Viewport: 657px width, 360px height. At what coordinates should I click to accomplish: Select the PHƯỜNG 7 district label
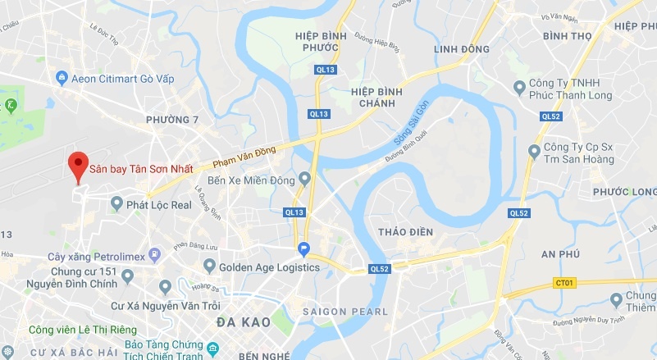coord(172,121)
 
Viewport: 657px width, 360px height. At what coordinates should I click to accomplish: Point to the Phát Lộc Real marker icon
coord(116,203)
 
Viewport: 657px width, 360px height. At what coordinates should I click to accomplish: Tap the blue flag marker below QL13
coord(303,249)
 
